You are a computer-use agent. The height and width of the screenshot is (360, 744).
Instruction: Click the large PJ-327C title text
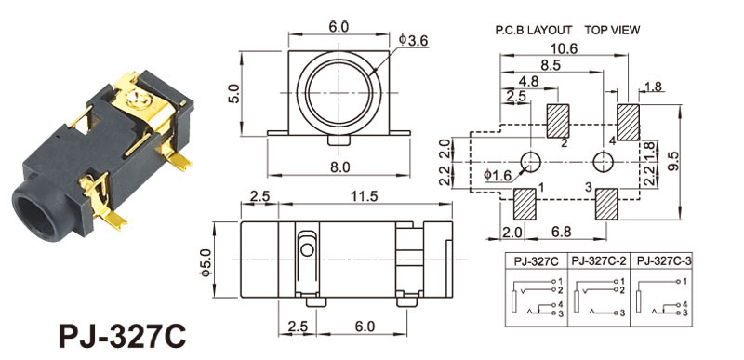coord(123,337)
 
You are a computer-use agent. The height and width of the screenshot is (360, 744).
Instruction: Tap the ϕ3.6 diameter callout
coord(414,41)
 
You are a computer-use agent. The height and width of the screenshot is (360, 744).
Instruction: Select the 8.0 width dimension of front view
coord(339,167)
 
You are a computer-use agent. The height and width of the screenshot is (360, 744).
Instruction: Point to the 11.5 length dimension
coord(365,196)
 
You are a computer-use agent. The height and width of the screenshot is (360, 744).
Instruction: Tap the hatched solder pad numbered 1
coord(525,204)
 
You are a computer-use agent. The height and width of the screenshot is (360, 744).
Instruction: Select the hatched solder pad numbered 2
coord(558,121)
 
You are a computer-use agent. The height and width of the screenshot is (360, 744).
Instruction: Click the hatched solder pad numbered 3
coord(606,204)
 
